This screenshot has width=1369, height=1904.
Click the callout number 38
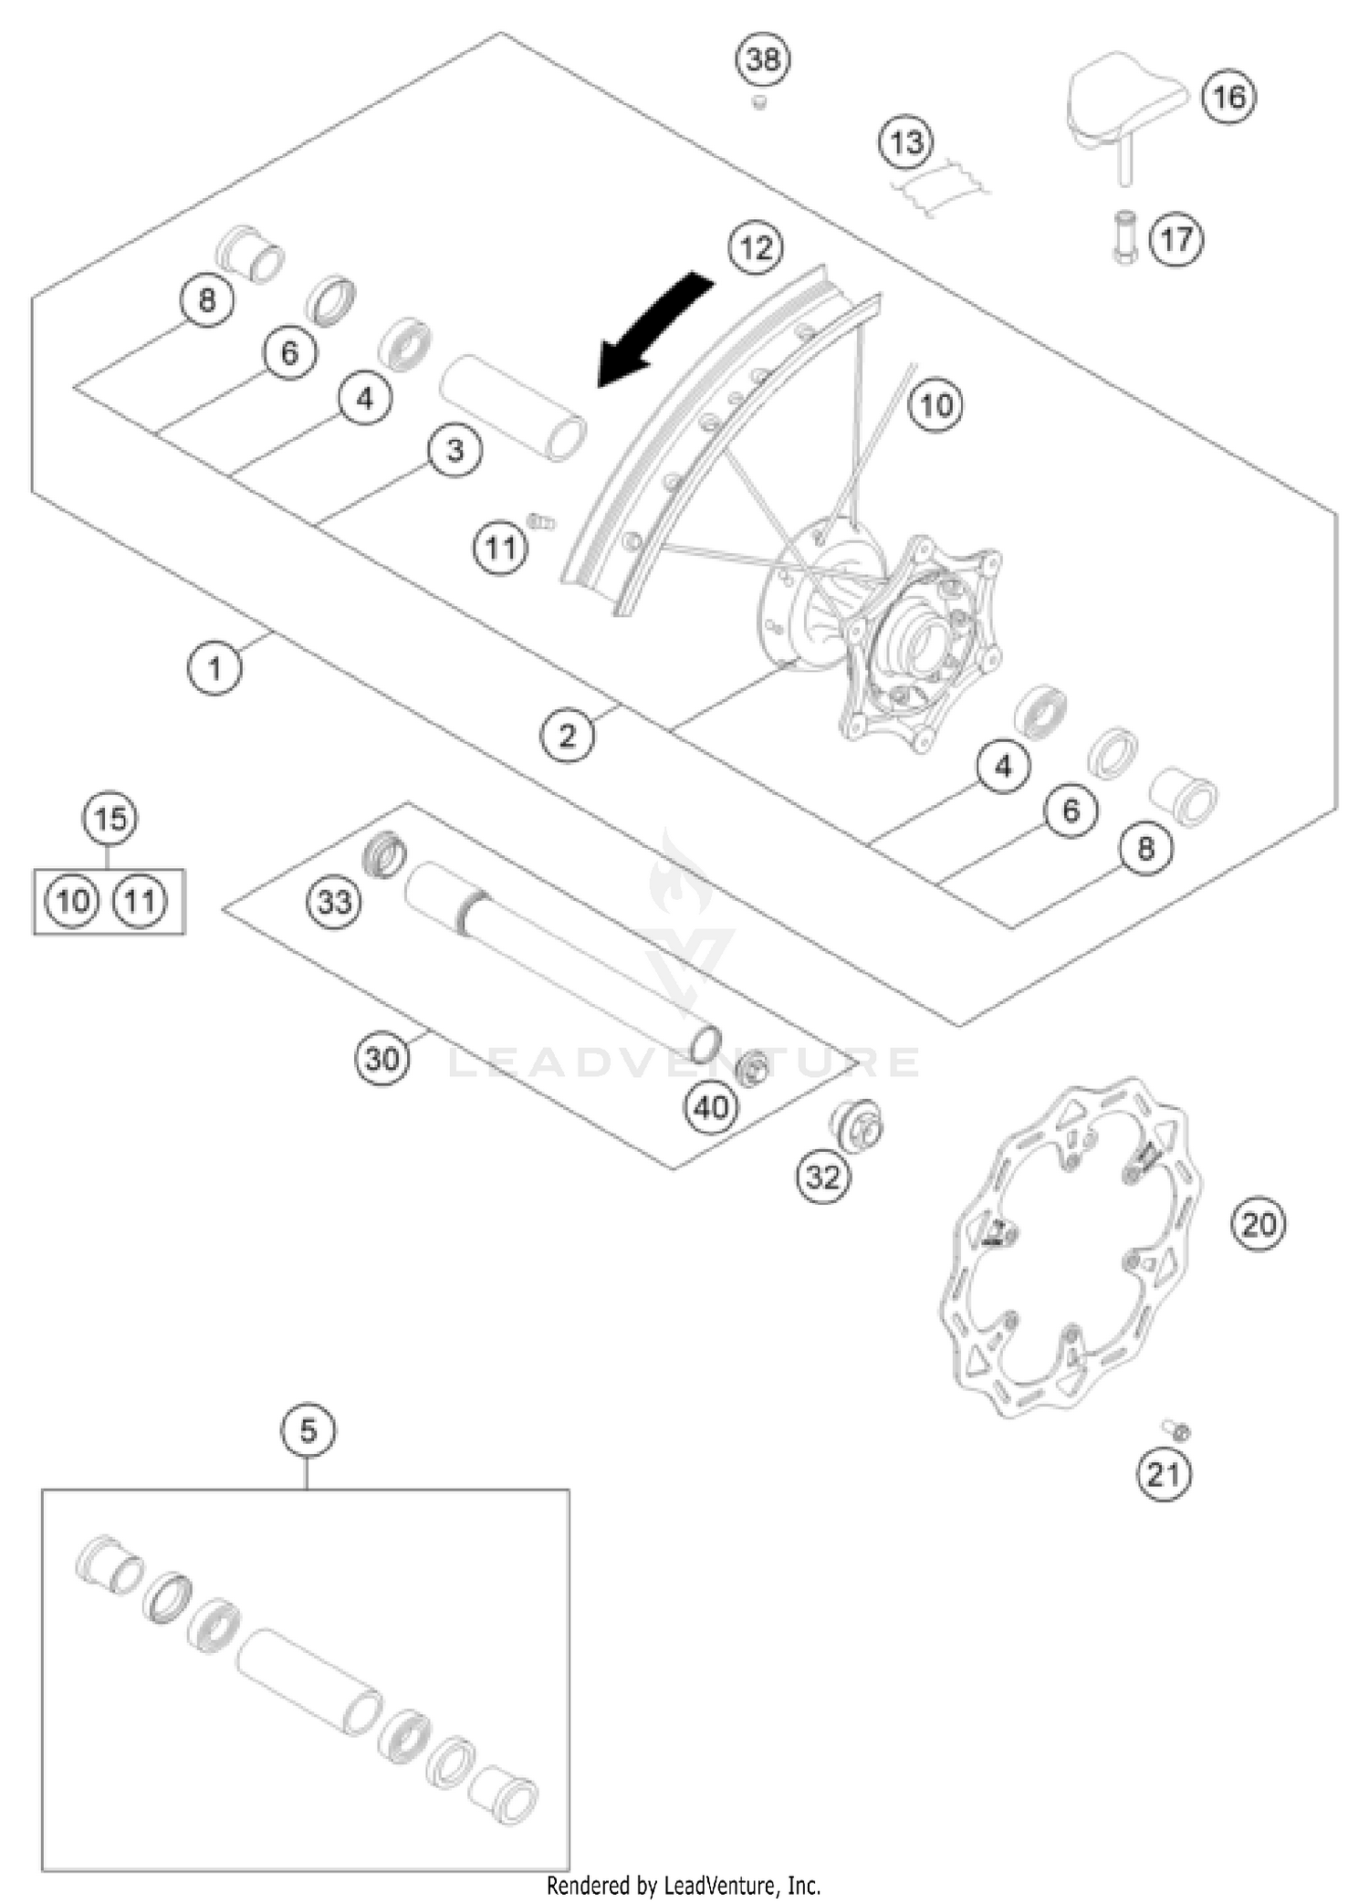(x=763, y=60)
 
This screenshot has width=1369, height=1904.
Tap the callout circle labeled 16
(x=1228, y=96)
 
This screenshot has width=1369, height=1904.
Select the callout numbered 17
(x=1176, y=239)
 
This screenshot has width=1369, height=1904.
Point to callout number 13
(x=906, y=142)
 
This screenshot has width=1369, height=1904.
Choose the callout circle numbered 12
(x=756, y=247)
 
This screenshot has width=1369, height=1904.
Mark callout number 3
(x=455, y=450)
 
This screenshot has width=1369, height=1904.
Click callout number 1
(x=214, y=668)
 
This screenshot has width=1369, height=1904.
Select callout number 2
(x=567, y=735)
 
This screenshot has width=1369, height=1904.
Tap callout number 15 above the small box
(x=110, y=818)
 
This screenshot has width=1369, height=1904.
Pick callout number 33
(x=334, y=902)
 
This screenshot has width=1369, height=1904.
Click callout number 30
(x=381, y=1059)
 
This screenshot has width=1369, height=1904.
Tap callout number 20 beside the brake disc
(x=1259, y=1224)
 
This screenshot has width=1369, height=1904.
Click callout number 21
(x=1164, y=1474)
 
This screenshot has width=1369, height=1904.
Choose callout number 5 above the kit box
(x=308, y=1429)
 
